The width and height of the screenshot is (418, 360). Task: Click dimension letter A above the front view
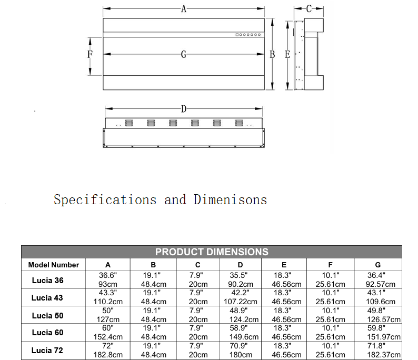[184, 9]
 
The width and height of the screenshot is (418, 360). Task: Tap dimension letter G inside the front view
[184, 54]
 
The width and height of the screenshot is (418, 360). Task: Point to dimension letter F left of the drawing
[90, 54]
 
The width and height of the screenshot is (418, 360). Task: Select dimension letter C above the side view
[308, 9]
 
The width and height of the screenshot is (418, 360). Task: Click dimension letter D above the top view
[184, 109]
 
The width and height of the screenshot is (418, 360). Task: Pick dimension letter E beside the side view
[287, 54]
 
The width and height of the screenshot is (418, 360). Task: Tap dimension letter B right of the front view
[272, 54]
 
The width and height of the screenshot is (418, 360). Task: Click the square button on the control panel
[237, 35]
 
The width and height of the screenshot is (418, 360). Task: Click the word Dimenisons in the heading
[231, 200]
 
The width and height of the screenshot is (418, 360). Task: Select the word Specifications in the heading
[105, 200]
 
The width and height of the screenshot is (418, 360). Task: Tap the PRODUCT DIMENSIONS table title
[212, 252]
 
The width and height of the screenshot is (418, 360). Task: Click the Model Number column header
[54, 265]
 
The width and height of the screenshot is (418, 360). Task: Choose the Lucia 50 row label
[48, 315]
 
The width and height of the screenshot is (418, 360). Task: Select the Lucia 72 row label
[47, 351]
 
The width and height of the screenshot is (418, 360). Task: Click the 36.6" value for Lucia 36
[108, 275]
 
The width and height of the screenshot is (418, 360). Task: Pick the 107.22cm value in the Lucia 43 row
[241, 302]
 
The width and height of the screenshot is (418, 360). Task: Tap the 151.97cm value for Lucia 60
[384, 337]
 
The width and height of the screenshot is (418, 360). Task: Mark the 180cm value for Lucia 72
[241, 355]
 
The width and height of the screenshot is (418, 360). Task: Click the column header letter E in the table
[284, 265]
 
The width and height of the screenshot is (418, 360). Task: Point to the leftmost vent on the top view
[129, 123]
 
